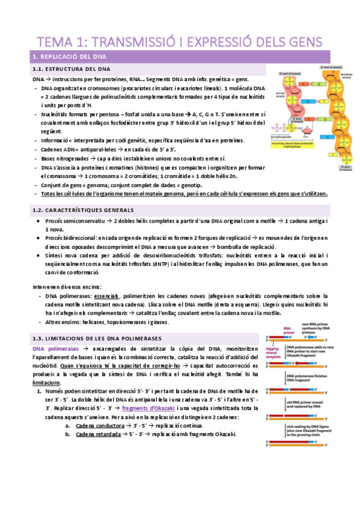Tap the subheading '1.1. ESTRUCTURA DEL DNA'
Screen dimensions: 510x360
pos(71,70)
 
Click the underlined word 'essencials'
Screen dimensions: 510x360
pos(104,296)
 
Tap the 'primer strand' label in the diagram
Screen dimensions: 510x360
pos(281,94)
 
